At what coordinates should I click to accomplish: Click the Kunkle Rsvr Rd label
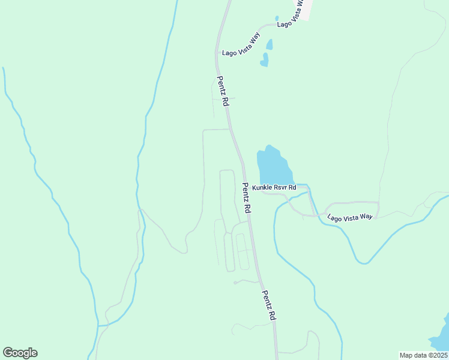coord(274,188)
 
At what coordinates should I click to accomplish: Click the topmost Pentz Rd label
coord(223,92)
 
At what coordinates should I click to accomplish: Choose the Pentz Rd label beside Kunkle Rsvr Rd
coord(246,199)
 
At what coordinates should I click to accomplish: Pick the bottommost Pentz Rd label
coord(269,305)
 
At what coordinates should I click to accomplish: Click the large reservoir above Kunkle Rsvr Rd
coord(273,165)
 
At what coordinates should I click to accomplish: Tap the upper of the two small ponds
coord(270,44)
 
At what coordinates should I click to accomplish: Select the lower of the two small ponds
coord(264,59)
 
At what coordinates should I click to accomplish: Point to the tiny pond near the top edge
coord(277,19)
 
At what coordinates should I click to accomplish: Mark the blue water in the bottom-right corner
coord(441,336)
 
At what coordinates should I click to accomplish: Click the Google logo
coord(20,353)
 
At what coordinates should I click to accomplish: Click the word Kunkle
coord(262,188)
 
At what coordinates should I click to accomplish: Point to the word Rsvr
coord(281,188)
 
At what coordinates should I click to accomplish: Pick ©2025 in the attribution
coord(436,355)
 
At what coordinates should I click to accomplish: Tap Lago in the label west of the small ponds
coord(228,53)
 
